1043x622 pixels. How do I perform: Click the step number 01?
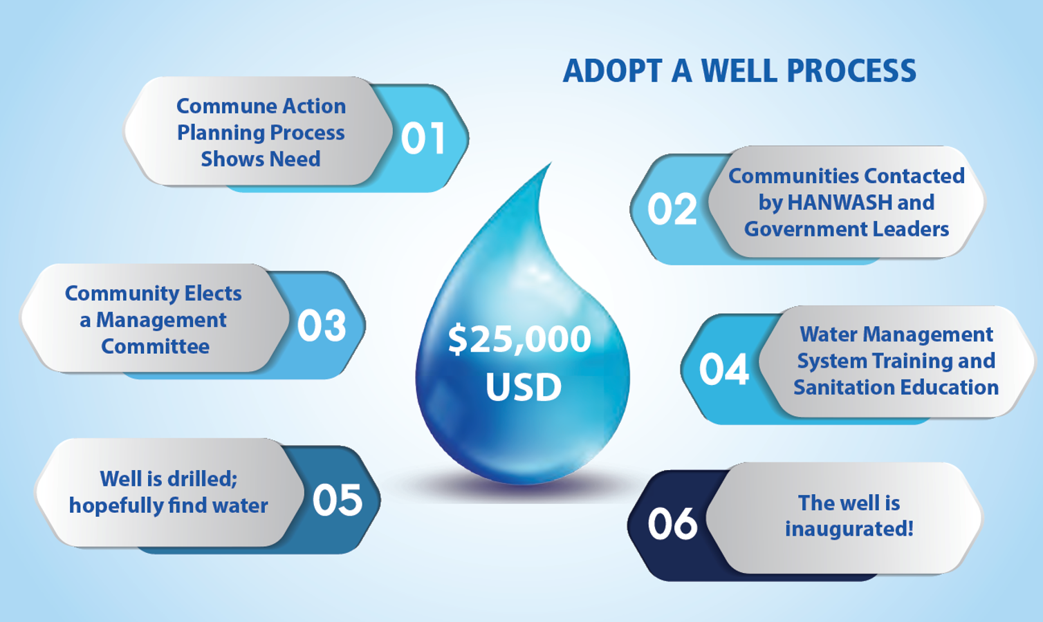coord(423,138)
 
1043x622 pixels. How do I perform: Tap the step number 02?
coord(672,209)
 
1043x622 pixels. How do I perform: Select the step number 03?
coord(322,326)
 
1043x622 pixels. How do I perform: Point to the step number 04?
coord(723,369)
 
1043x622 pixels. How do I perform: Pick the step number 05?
coord(338,500)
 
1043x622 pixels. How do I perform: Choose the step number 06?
coord(672,523)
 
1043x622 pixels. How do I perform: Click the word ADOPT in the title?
coord(612,70)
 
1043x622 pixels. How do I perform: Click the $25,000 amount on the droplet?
coord(519,339)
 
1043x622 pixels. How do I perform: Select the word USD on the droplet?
coord(524,386)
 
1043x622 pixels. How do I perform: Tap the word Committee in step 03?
coord(155,346)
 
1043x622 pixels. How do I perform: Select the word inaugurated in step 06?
coord(849,529)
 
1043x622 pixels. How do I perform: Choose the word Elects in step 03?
coord(213,293)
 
